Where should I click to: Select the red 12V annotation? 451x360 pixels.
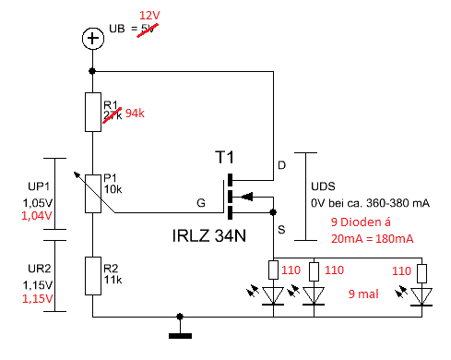tap(150, 18)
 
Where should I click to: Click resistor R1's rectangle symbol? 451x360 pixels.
tap(91, 112)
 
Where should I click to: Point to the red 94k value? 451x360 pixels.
tap(137, 114)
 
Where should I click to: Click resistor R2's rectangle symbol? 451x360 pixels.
tap(91, 276)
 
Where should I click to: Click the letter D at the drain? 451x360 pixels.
tap(282, 166)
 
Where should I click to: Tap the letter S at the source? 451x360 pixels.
tap(282, 227)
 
